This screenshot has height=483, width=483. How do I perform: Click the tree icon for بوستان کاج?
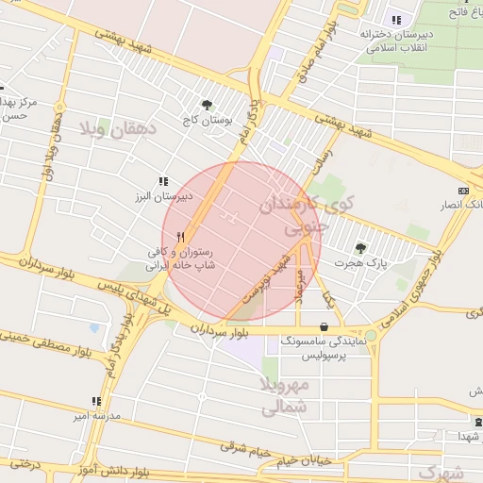[x=207, y=105]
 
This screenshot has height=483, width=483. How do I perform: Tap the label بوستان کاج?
[x=208, y=120]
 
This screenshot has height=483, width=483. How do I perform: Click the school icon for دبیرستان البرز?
[x=163, y=181]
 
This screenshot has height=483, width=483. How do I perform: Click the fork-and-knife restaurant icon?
[x=180, y=238]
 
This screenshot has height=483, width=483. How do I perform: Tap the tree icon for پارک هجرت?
[x=361, y=247]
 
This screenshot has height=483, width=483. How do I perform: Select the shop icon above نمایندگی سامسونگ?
[x=325, y=327]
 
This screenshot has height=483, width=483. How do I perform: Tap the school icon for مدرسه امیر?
[x=95, y=401]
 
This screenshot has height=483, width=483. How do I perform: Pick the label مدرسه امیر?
[x=95, y=416]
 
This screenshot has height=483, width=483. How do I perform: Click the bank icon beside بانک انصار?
[x=462, y=190]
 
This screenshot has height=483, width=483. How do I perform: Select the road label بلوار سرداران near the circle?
[x=222, y=330]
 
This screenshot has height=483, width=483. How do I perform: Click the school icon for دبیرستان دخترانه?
[x=396, y=19]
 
